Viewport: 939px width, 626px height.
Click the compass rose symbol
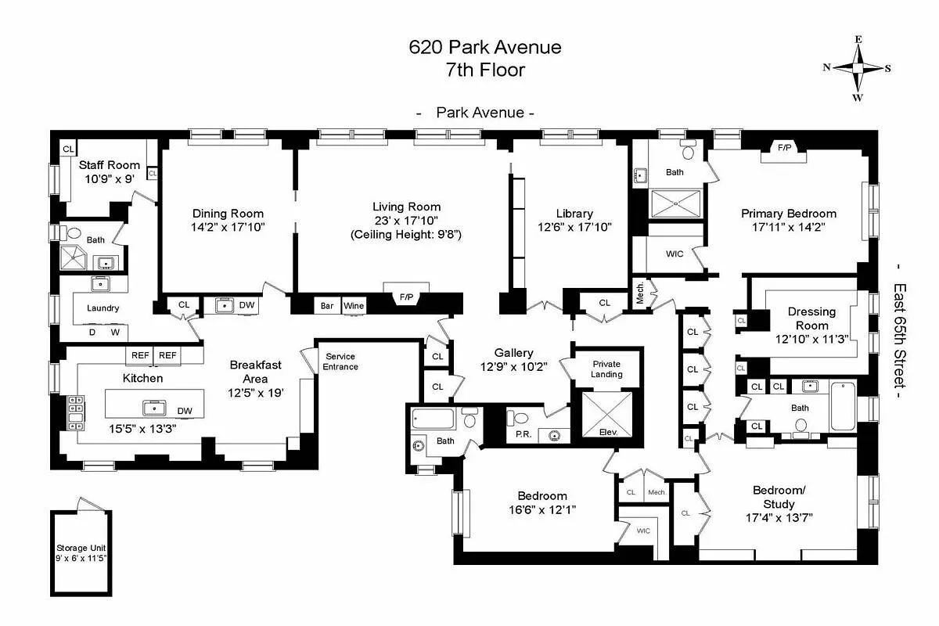click(x=858, y=69)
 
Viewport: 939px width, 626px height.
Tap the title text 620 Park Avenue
click(x=485, y=47)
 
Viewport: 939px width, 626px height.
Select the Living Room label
click(x=406, y=207)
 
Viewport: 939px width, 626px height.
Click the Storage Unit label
click(x=81, y=548)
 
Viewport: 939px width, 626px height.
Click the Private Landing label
click(x=606, y=369)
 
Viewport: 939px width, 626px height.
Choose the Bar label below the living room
click(x=328, y=305)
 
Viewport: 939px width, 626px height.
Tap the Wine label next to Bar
click(x=354, y=305)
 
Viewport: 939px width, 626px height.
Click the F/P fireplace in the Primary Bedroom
click(x=784, y=148)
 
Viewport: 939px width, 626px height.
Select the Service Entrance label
click(x=341, y=362)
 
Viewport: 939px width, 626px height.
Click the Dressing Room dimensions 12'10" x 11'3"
click(x=811, y=340)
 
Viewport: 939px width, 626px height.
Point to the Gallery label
click(x=513, y=353)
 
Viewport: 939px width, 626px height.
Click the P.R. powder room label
click(x=524, y=435)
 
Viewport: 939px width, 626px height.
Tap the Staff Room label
click(x=110, y=164)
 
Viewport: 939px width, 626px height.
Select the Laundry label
click(x=103, y=308)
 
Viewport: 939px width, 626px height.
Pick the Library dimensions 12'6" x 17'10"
click(x=574, y=227)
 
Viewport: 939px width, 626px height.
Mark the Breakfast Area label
click(x=255, y=372)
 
